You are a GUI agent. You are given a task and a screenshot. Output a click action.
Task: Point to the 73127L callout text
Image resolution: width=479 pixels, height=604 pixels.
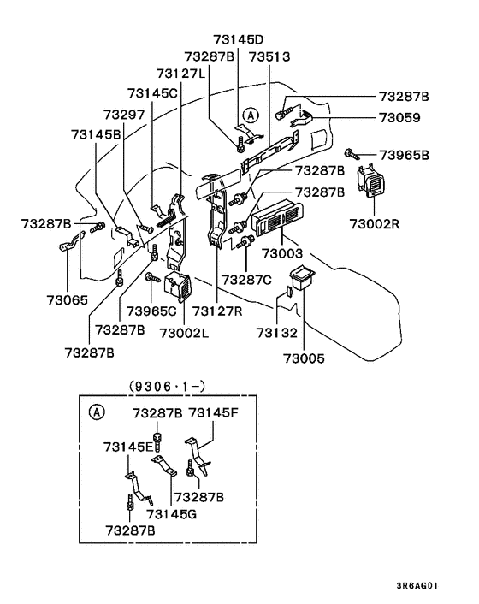pos(181,74)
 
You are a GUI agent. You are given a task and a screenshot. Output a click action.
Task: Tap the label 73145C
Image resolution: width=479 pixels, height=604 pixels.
pos(153,92)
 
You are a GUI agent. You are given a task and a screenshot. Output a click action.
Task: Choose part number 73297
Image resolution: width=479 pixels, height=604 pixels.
pos(125,114)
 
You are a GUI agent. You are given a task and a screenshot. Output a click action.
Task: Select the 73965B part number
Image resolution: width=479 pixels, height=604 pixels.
pos(403,155)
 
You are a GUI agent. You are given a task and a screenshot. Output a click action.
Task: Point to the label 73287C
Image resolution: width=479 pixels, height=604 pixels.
pos(247,280)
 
